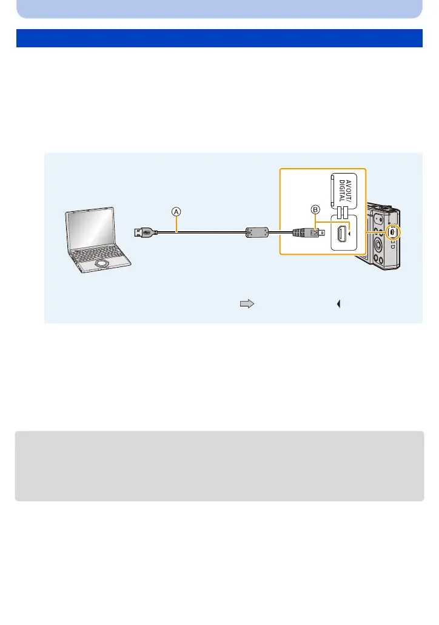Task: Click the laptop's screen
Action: click(89, 230)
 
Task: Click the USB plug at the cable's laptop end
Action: click(146, 231)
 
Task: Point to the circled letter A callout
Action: click(175, 211)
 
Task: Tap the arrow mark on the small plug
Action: click(313, 232)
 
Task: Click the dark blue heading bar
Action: click(219, 38)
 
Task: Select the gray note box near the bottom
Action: click(219, 466)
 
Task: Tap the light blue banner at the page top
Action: click(219, 8)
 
